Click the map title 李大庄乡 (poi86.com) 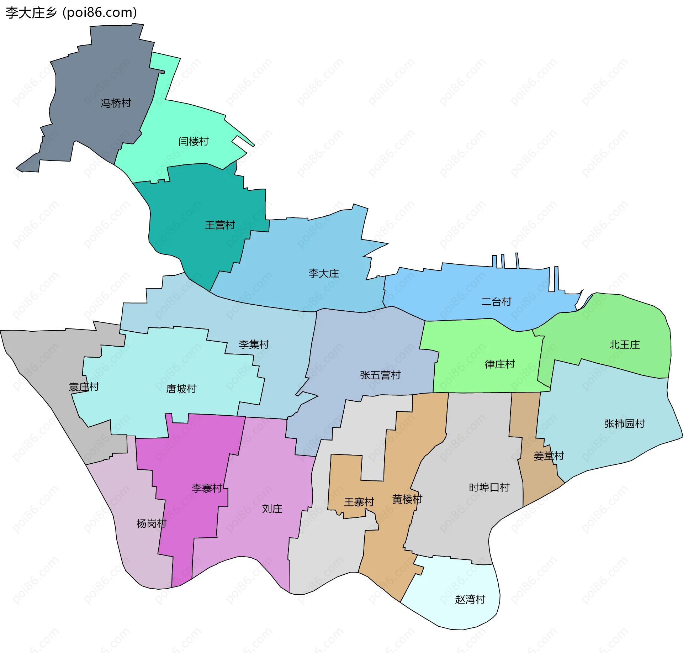(71, 12)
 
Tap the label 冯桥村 (116, 103)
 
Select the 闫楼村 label (194, 142)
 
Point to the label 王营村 (220, 225)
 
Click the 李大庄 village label (324, 273)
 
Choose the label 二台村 (496, 302)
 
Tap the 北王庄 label (624, 344)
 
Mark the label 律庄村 (500, 364)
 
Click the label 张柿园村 (624, 423)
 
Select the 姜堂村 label (549, 456)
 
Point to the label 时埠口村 (489, 487)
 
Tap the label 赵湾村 (470, 599)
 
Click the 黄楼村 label (407, 499)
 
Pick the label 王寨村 (359, 502)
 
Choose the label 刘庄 (272, 509)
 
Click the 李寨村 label (207, 488)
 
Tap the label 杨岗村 (152, 523)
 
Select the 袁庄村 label (84, 387)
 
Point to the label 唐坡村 (181, 389)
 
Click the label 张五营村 (380, 375)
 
